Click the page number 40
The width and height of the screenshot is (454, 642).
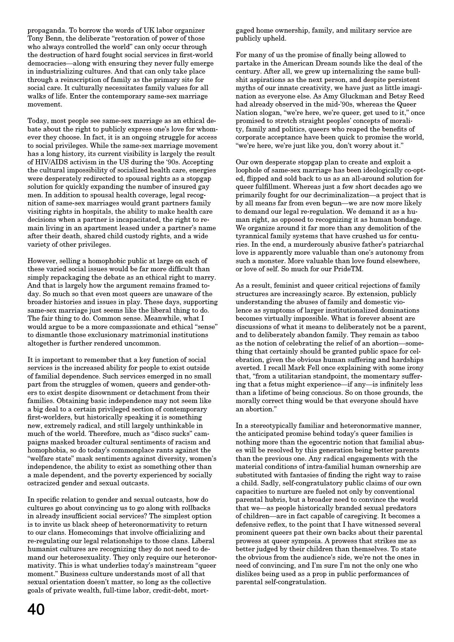pyautogui.click(x=36, y=610)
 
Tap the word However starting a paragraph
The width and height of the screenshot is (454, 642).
pyautogui.click(x=41, y=261)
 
